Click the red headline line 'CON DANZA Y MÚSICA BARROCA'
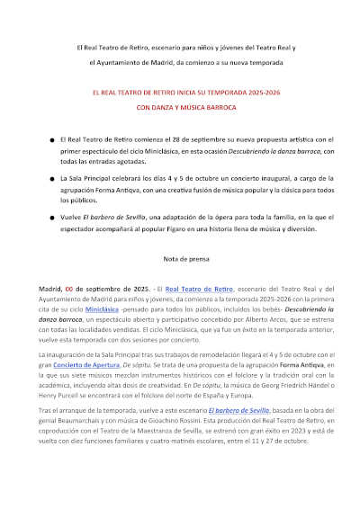point(180,106)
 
